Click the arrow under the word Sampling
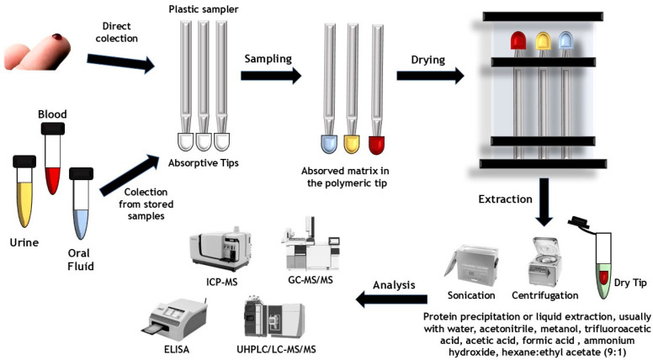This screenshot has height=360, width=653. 270,77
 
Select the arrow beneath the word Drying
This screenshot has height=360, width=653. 430,77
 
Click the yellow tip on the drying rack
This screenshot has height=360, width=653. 541,41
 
